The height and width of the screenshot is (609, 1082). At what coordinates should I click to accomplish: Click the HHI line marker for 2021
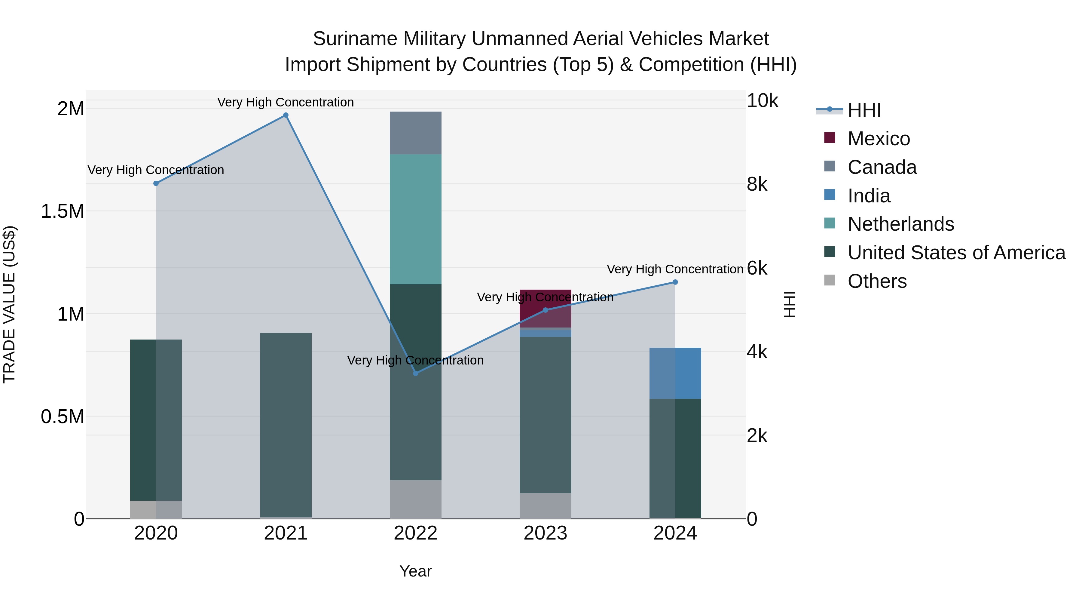[286, 115]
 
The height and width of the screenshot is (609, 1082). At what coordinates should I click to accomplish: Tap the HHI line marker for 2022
[415, 373]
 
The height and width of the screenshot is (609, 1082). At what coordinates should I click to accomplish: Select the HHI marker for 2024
[675, 282]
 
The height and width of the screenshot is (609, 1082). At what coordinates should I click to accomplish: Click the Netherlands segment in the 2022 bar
[415, 219]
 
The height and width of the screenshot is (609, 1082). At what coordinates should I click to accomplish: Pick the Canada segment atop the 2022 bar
[415, 133]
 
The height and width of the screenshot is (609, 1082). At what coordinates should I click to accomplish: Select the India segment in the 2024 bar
[675, 373]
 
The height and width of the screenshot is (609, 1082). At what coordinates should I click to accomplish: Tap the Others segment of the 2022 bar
[415, 499]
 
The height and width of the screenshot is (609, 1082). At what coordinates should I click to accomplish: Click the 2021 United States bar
[286, 424]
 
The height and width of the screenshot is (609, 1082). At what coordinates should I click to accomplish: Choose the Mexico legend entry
[878, 139]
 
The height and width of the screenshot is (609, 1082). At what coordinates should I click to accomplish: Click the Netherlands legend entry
[900, 224]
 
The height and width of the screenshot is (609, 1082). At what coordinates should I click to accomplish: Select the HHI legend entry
[863, 110]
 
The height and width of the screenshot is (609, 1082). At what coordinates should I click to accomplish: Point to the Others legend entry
[877, 281]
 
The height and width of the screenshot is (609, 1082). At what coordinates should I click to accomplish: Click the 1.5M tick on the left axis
[62, 211]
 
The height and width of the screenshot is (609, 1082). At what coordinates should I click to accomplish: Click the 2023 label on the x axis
[545, 533]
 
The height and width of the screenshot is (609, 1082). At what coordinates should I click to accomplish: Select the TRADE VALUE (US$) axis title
[9, 304]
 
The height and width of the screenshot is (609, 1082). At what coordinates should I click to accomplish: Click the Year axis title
[415, 571]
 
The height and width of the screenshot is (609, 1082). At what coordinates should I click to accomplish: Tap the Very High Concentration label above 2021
[286, 102]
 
